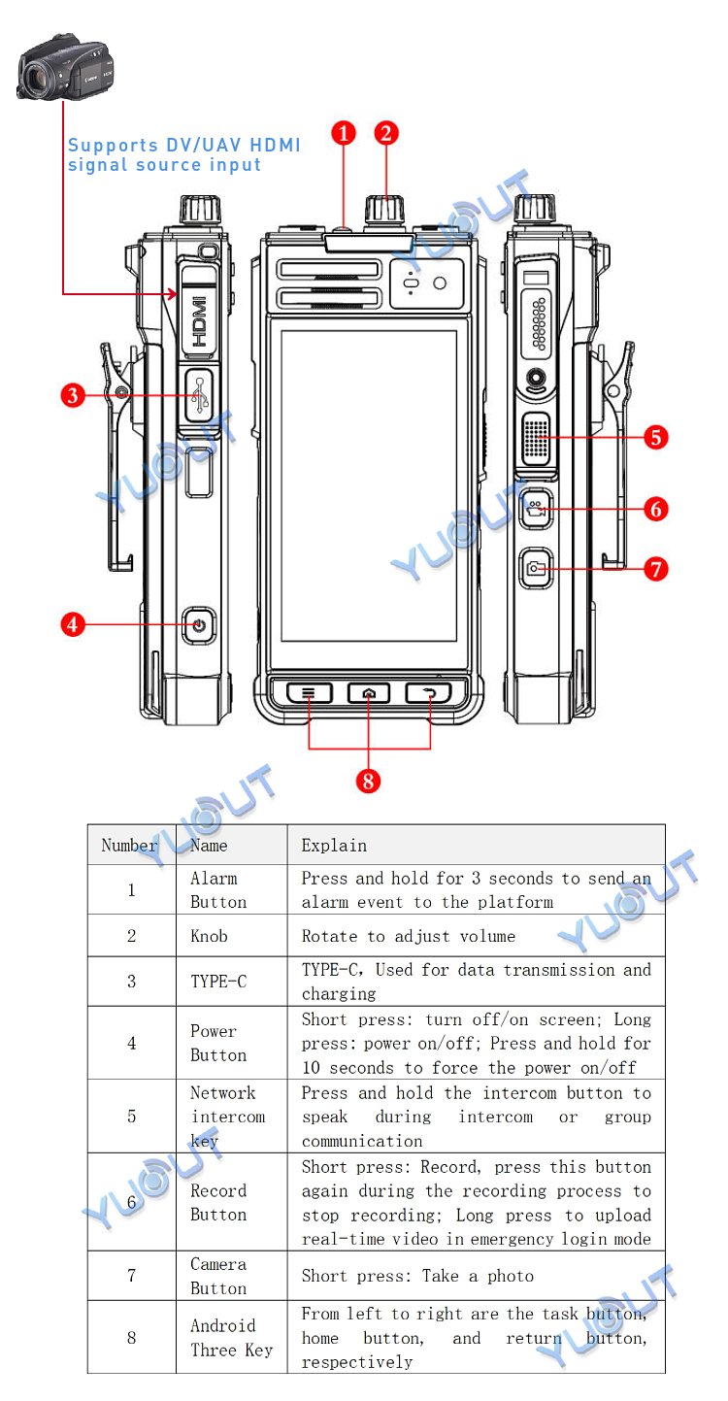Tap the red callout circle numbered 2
click(x=386, y=133)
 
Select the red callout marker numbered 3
click(x=73, y=395)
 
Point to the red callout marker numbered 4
click(x=73, y=623)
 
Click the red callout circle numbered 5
click(x=657, y=437)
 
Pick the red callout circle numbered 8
click(x=368, y=780)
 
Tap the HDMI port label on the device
click(x=199, y=321)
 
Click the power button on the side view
click(x=199, y=624)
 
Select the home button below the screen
click(x=369, y=693)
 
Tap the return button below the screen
click(x=429, y=693)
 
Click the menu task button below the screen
click(x=309, y=693)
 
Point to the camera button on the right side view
click(x=535, y=569)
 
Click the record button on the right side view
click(x=535, y=508)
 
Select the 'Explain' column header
click(x=334, y=846)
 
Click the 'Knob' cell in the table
click(x=209, y=936)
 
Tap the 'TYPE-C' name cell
click(x=218, y=982)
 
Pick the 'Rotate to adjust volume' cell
click(x=408, y=936)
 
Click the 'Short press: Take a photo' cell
click(x=417, y=1276)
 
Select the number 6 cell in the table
click(x=132, y=1202)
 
